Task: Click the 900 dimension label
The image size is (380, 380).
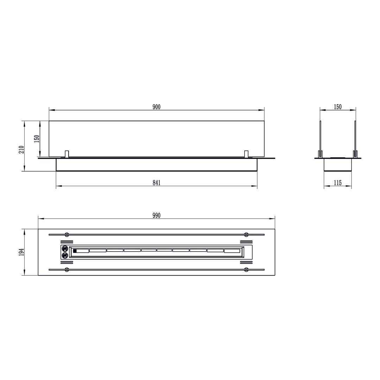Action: point(157,107)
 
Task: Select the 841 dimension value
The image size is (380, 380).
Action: point(157,183)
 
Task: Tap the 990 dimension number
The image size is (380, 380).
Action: point(157,215)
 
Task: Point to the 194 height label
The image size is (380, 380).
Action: point(21,252)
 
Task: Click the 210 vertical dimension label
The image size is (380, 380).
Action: point(21,150)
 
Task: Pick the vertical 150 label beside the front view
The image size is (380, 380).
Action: point(37,139)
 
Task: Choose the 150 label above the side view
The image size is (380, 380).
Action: point(337,107)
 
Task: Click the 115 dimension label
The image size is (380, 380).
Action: point(337,183)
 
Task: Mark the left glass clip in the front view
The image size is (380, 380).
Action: point(67,154)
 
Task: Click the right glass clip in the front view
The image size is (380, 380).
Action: point(246,154)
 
